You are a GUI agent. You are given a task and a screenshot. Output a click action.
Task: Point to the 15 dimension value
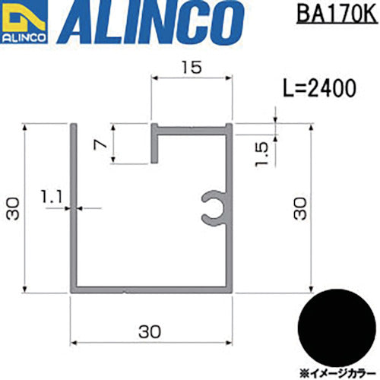[x=192, y=68]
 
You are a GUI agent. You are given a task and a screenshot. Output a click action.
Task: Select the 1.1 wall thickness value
[x=52, y=197]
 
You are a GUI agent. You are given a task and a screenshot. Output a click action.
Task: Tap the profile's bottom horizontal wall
[x=152, y=289]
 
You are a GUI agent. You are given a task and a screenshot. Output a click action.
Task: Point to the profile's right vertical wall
[x=229, y=251]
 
